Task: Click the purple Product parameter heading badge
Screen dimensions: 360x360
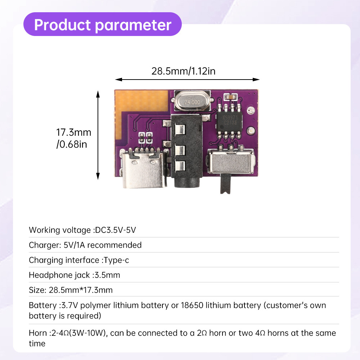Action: click(102, 24)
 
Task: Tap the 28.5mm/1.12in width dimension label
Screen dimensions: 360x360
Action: click(184, 71)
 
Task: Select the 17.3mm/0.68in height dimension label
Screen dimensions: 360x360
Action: click(74, 138)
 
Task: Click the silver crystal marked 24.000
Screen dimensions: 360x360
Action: click(192, 101)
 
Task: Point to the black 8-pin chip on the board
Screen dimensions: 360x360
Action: click(229, 122)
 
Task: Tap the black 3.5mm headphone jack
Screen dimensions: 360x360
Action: click(186, 152)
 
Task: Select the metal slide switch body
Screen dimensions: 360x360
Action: click(231, 161)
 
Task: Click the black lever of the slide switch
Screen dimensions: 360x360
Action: click(225, 184)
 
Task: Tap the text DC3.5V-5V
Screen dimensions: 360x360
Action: click(116, 230)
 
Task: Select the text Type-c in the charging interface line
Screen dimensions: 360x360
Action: click(116, 260)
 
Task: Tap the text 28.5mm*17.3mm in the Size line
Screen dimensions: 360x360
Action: click(81, 290)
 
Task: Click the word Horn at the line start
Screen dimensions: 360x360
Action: click(38, 333)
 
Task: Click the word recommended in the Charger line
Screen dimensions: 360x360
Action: click(114, 245)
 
